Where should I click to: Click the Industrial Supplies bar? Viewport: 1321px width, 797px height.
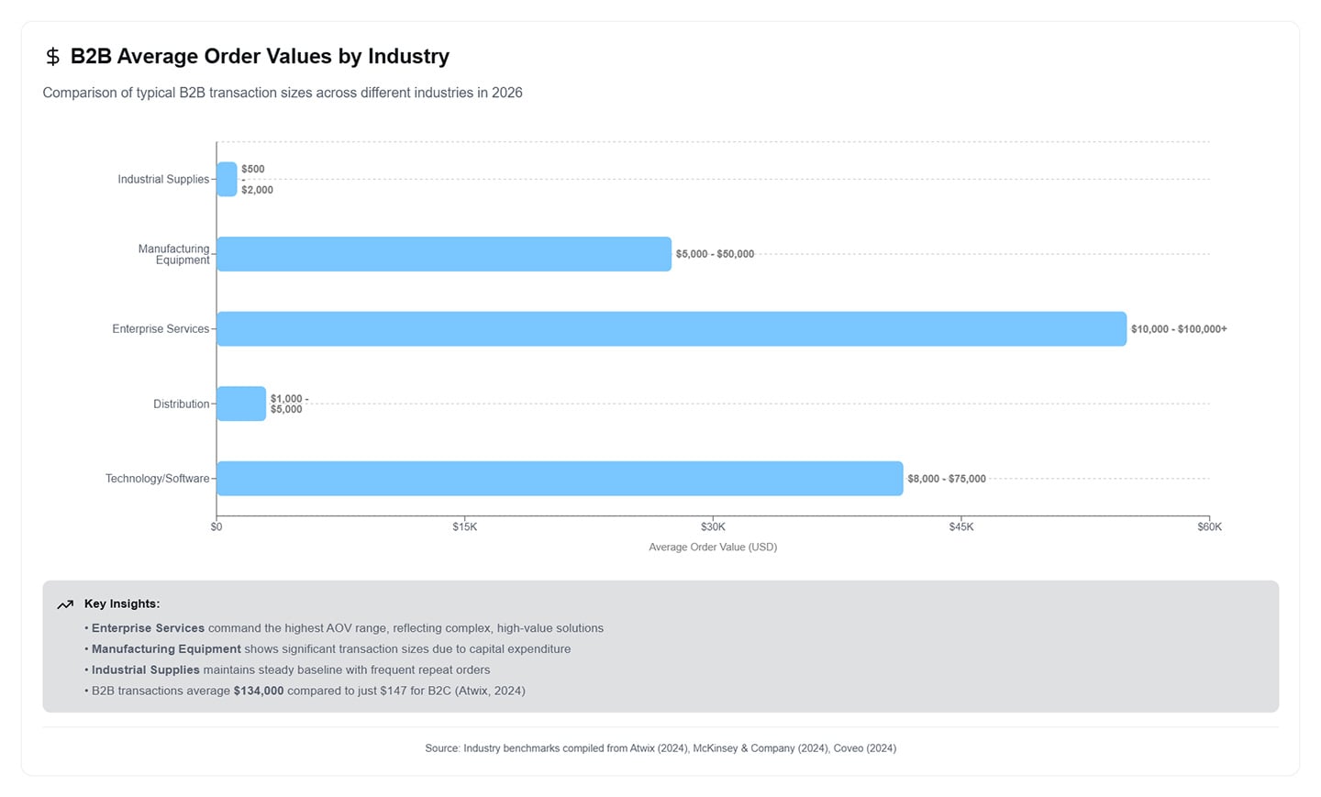pyautogui.click(x=227, y=179)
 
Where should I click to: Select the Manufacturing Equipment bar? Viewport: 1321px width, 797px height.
pyautogui.click(x=444, y=254)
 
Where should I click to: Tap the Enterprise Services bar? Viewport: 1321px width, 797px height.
pyautogui.click(x=672, y=328)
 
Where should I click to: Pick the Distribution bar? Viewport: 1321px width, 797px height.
pyautogui.click(x=241, y=404)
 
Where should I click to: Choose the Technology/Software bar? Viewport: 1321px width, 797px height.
pyautogui.click(x=560, y=479)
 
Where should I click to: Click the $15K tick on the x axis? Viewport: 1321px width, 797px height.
pyautogui.click(x=465, y=526)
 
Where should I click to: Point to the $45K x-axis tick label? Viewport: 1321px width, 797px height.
pyautogui.click(x=961, y=526)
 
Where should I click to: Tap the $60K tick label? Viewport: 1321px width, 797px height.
pyautogui.click(x=1209, y=526)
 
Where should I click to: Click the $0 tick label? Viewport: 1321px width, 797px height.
pyautogui.click(x=216, y=526)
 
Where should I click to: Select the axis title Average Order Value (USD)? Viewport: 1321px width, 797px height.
pyautogui.click(x=713, y=548)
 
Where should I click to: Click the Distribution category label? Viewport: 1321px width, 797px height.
pyautogui.click(x=181, y=404)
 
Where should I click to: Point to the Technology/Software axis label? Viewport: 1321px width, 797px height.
pyautogui.click(x=157, y=479)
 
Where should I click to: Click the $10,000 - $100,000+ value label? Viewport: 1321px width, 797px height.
pyautogui.click(x=1178, y=329)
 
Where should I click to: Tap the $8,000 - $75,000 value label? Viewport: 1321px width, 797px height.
pyautogui.click(x=947, y=479)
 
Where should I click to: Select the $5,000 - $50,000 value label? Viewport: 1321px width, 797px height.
pyautogui.click(x=715, y=254)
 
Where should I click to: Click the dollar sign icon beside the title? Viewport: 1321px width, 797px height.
pyautogui.click(x=52, y=57)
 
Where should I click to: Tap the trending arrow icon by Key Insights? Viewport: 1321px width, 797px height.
pyautogui.click(x=65, y=604)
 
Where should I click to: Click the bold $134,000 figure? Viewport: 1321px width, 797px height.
pyautogui.click(x=259, y=691)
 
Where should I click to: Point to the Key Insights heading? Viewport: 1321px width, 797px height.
pyautogui.click(x=122, y=603)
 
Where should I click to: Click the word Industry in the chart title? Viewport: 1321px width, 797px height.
pyautogui.click(x=408, y=57)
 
